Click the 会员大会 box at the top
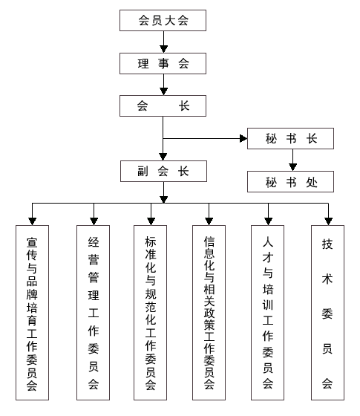[x=163, y=21]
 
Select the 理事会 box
[x=163, y=63]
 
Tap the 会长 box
[x=163, y=105]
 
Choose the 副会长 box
[x=163, y=171]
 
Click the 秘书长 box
[x=290, y=138]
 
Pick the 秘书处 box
[x=290, y=181]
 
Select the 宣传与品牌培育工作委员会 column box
[x=32, y=313]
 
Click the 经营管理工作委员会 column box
[x=93, y=313]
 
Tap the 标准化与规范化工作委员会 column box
[x=150, y=313]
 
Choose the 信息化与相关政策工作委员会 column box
[x=209, y=313]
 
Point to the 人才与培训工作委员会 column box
[x=268, y=313]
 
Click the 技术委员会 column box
[x=327, y=313]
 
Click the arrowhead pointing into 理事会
[x=163, y=49]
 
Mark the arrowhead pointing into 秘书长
[x=243, y=138]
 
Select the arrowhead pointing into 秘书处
[x=292, y=167]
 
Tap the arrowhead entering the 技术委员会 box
[x=328, y=221]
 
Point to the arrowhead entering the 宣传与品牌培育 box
[x=33, y=221]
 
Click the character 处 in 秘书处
[x=312, y=182]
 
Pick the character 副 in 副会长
[x=143, y=171]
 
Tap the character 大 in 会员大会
[x=170, y=21]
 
